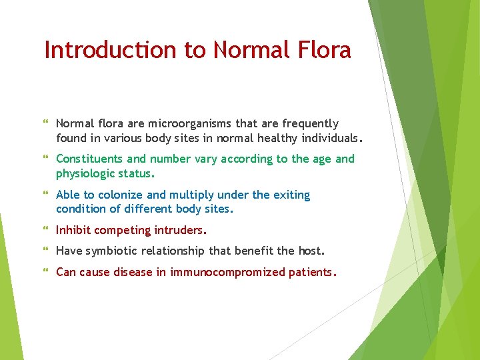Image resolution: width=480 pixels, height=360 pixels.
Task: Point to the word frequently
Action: click(x=311, y=123)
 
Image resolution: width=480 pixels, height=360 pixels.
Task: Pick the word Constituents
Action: click(x=89, y=159)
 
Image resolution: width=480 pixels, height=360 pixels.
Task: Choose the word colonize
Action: click(x=121, y=195)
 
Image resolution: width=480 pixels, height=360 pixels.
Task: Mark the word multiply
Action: click(x=191, y=195)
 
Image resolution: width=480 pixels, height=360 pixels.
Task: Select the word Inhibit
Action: click(x=73, y=230)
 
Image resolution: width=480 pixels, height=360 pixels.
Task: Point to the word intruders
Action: click(x=181, y=230)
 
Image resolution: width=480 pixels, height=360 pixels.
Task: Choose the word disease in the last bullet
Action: click(x=133, y=272)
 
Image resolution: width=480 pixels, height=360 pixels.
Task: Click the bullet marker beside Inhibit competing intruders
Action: click(x=46, y=231)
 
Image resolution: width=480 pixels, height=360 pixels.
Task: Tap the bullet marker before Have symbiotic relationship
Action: click(x=46, y=251)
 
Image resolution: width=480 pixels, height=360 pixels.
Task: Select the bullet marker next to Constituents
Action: click(x=46, y=159)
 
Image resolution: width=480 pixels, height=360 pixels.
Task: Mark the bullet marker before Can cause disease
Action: click(x=46, y=273)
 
